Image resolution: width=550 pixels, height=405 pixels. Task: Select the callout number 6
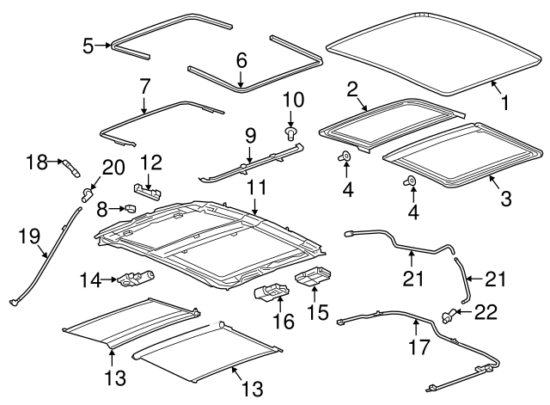click(x=241, y=60)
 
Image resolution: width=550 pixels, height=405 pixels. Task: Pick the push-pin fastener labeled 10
click(x=290, y=132)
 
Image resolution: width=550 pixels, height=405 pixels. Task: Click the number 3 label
click(x=506, y=198)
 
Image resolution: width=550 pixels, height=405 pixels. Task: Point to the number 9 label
click(x=250, y=135)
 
